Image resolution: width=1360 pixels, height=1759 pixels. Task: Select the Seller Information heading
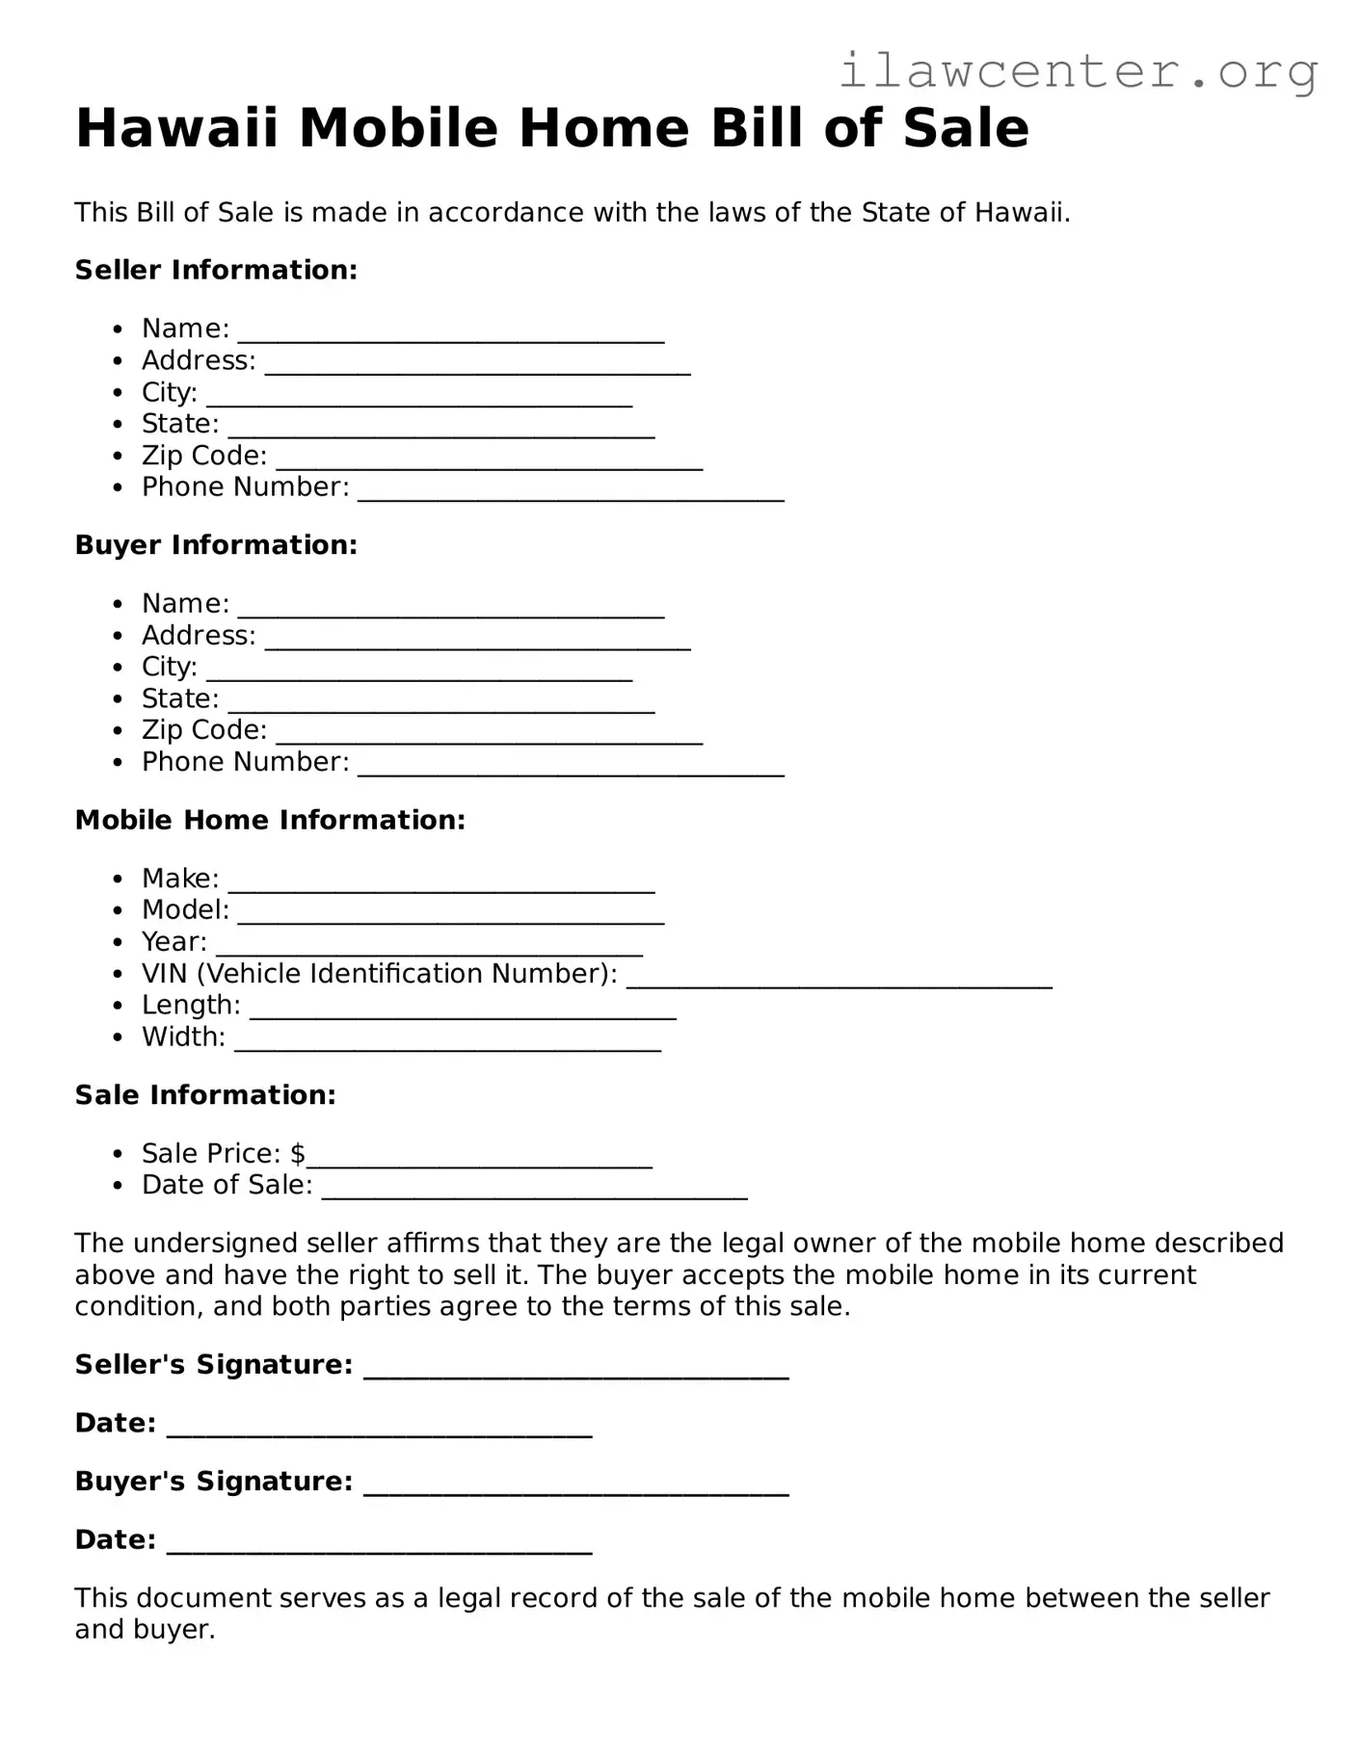click(216, 270)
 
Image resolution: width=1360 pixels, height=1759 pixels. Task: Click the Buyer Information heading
click(216, 545)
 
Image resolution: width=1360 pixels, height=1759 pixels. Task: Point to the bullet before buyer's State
click(118, 699)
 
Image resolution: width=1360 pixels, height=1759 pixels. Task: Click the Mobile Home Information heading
click(270, 820)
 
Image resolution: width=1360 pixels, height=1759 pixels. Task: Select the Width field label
click(183, 1037)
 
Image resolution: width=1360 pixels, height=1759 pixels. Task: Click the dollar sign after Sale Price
click(298, 1153)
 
